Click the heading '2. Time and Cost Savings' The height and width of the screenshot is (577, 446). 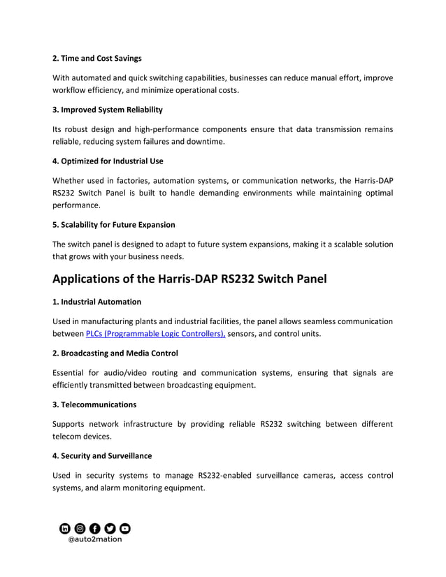click(x=97, y=58)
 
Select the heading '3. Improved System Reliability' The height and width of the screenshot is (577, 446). click(x=108, y=110)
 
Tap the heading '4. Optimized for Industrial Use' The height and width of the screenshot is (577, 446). click(x=108, y=161)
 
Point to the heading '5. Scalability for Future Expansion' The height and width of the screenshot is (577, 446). click(x=114, y=225)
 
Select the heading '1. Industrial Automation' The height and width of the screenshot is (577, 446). click(x=96, y=302)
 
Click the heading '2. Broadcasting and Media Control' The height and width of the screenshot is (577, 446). click(x=115, y=353)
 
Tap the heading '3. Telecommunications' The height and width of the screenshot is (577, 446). click(x=94, y=404)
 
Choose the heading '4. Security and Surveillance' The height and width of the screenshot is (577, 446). click(x=102, y=456)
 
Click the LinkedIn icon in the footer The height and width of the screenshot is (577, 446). click(x=65, y=528)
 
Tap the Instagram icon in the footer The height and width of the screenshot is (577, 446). click(x=80, y=528)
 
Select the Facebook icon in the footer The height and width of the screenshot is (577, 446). click(x=95, y=528)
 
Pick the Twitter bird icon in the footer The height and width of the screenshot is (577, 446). click(x=110, y=528)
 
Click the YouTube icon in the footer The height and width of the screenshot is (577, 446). click(x=124, y=528)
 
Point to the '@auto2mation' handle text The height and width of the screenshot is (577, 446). click(x=94, y=539)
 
